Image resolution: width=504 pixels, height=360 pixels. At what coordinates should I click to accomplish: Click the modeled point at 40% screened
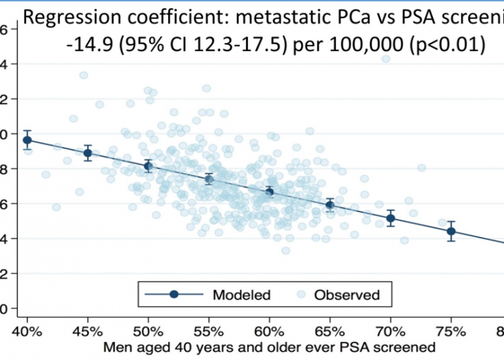pyautogui.click(x=27, y=140)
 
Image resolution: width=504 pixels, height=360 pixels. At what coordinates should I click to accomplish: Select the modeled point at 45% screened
pyautogui.click(x=87, y=153)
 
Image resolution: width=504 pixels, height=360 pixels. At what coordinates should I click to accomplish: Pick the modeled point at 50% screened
pyautogui.click(x=148, y=166)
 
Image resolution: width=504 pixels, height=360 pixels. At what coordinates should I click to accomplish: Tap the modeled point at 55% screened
pyautogui.click(x=209, y=179)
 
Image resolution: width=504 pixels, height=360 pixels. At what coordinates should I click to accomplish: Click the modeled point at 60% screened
pyautogui.click(x=269, y=192)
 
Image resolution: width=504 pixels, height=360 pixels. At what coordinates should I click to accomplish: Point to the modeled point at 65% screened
pyautogui.click(x=330, y=205)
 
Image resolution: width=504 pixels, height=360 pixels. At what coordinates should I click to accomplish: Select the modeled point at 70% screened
pyautogui.click(x=390, y=218)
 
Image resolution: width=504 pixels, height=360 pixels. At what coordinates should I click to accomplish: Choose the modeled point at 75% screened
pyautogui.click(x=451, y=231)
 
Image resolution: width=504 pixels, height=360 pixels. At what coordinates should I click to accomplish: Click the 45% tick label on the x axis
pyautogui.click(x=87, y=332)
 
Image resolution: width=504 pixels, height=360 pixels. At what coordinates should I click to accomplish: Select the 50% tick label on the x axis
pyautogui.click(x=148, y=332)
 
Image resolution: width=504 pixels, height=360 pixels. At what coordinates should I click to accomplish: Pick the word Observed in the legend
pyautogui.click(x=348, y=294)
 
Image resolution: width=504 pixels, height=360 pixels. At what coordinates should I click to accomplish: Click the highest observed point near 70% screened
pyautogui.click(x=386, y=59)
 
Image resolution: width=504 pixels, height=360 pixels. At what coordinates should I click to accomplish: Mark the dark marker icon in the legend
pyautogui.click(x=174, y=294)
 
